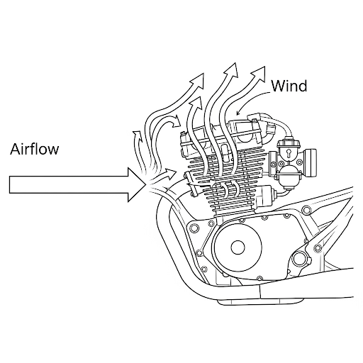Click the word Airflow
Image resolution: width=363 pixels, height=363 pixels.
35,149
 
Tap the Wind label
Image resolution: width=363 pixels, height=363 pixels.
289,86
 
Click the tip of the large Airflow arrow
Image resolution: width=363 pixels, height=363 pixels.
146,184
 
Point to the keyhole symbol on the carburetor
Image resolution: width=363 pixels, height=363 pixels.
289,153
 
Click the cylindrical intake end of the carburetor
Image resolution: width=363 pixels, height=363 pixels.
311,163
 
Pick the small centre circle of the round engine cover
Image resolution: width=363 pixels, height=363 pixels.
238,247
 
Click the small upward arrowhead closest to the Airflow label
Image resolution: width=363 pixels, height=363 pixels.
137,134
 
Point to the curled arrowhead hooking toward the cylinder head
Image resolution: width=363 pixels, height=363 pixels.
176,121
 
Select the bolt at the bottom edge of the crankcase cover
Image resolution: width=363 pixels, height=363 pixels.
259,278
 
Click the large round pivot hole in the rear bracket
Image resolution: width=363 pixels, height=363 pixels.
298,259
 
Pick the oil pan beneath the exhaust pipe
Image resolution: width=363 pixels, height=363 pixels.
261,301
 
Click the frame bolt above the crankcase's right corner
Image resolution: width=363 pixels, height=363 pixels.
307,210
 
